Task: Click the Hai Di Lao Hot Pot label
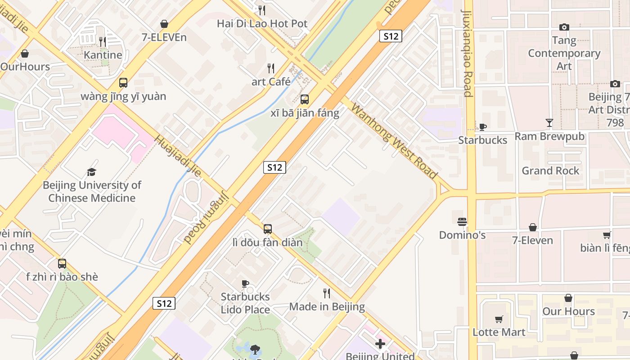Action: [262, 23]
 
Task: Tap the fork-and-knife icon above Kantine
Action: [103, 41]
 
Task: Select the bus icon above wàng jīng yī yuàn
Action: [123, 83]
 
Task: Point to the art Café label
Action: [271, 81]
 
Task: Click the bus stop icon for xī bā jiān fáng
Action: [305, 99]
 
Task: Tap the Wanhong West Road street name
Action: [394, 140]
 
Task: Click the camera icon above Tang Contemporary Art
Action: [564, 27]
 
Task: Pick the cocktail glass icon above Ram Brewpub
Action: [549, 122]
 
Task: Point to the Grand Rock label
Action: [551, 171]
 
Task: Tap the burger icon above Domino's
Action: [462, 222]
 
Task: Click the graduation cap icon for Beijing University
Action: [92, 172]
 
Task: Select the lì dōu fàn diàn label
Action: [267, 243]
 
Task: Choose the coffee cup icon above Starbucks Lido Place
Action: [245, 283]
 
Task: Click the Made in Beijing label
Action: [327, 307]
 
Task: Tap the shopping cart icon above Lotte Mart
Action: [499, 319]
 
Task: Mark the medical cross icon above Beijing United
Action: [380, 344]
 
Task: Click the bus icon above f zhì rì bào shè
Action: [62, 264]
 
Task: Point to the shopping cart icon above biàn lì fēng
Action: [607, 235]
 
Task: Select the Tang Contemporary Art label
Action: [564, 53]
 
